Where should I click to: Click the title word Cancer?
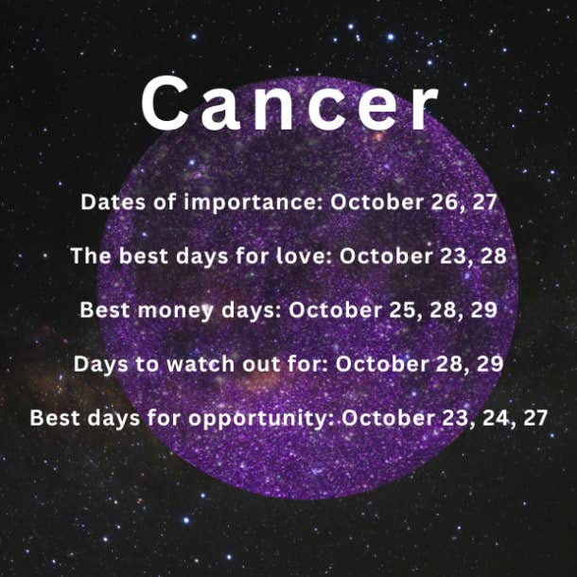(x=290, y=104)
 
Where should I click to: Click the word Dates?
(x=113, y=202)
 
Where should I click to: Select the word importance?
(x=254, y=202)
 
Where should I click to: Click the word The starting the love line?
(x=91, y=255)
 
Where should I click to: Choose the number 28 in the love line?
(x=494, y=256)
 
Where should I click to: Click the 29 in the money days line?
(x=484, y=310)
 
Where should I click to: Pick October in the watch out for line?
(x=382, y=364)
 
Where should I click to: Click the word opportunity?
(x=260, y=419)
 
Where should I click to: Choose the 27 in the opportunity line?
(x=535, y=418)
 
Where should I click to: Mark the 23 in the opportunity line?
(x=457, y=418)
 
